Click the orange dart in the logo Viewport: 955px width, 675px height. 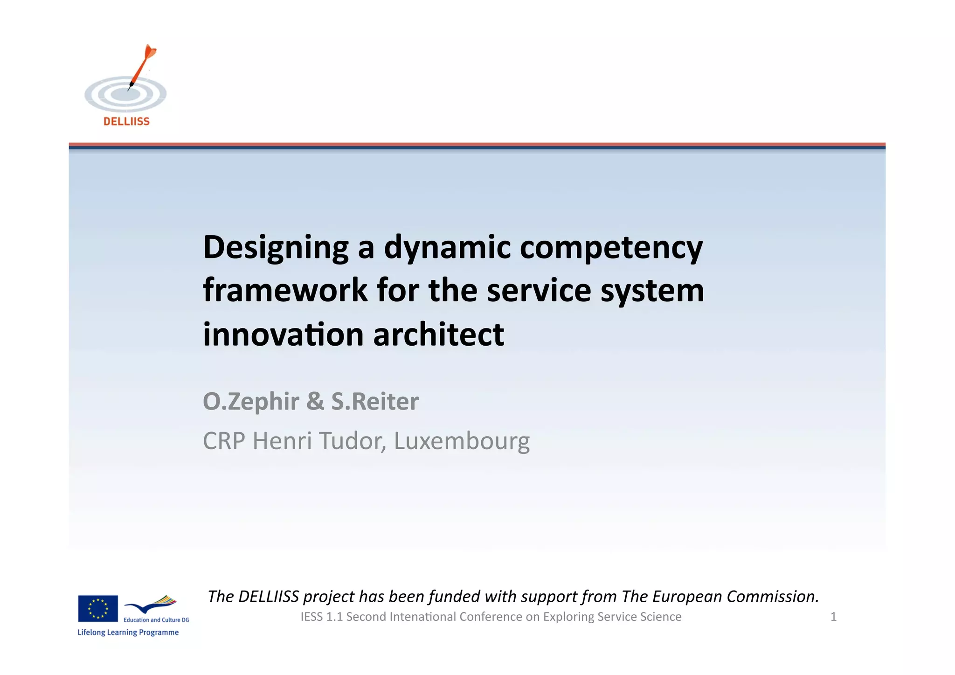[x=142, y=65]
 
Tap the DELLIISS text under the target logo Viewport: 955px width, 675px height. [x=126, y=122]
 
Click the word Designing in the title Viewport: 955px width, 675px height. [x=276, y=248]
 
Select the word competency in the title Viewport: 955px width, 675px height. [x=611, y=248]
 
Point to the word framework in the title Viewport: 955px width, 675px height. [x=285, y=290]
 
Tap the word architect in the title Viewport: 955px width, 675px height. [x=439, y=334]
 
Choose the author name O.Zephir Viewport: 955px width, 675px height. [x=251, y=402]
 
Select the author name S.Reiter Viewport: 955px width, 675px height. [x=375, y=402]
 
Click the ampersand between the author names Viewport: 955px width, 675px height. [x=315, y=402]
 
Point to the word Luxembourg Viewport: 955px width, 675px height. [x=462, y=441]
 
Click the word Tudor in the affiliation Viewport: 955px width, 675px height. [x=352, y=441]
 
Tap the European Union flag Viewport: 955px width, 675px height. [x=98, y=608]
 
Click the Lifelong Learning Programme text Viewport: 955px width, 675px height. [x=128, y=633]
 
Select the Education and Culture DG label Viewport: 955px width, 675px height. [x=156, y=620]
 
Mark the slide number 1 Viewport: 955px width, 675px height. [x=833, y=617]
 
